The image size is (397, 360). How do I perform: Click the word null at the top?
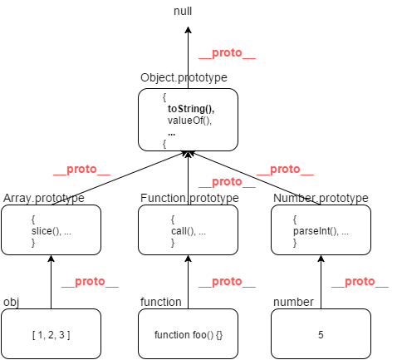point(183,11)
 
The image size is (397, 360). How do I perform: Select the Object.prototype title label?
point(184,77)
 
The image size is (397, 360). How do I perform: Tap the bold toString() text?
point(191,109)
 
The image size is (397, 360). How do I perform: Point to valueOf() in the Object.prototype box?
point(189,121)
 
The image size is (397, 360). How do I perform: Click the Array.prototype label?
point(44,198)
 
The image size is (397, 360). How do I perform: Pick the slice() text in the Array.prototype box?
point(46,231)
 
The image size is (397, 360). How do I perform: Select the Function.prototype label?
point(189,198)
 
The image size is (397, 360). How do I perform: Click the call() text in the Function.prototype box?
point(183,231)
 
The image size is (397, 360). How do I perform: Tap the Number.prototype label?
point(321,198)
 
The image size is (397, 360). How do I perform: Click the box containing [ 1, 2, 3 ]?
point(51,333)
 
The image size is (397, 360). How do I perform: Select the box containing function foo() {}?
point(188,333)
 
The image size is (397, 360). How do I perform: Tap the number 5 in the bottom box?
point(321,335)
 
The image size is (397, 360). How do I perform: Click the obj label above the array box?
point(11,302)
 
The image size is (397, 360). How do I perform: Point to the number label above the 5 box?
point(293,302)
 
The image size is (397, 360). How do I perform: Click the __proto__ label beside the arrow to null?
point(227,52)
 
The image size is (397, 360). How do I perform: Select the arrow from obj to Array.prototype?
point(51,282)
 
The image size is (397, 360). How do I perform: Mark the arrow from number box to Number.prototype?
point(321,282)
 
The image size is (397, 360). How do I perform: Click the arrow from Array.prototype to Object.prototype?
point(120,179)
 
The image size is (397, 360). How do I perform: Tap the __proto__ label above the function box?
point(227,282)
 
